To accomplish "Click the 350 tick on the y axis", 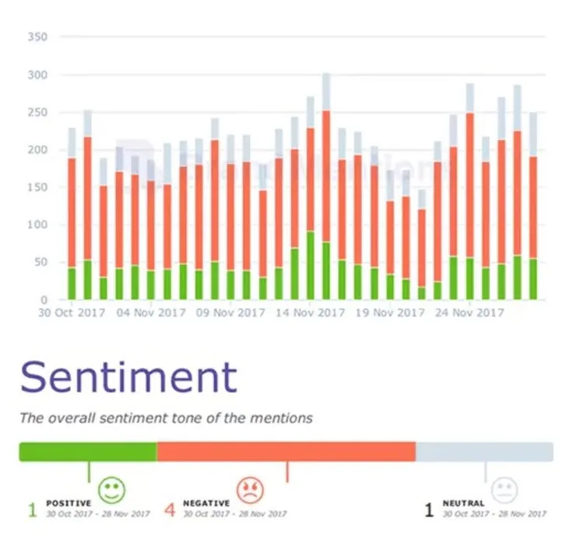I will [x=37, y=37].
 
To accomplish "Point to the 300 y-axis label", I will [x=37, y=75].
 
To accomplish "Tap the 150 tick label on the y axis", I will [x=37, y=187].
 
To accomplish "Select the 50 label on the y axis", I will [x=40, y=263].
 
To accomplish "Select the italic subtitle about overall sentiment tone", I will [x=166, y=418].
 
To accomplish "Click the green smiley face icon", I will [x=111, y=489].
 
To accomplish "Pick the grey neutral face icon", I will [x=504, y=489].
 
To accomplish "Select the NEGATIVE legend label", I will [x=206, y=503].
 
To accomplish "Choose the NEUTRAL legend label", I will [x=463, y=503].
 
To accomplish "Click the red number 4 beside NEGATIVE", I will [x=170, y=510].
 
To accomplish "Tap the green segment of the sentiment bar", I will [x=87, y=452].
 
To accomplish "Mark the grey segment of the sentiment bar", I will [x=484, y=452].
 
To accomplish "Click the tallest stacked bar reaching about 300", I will [x=326, y=187].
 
